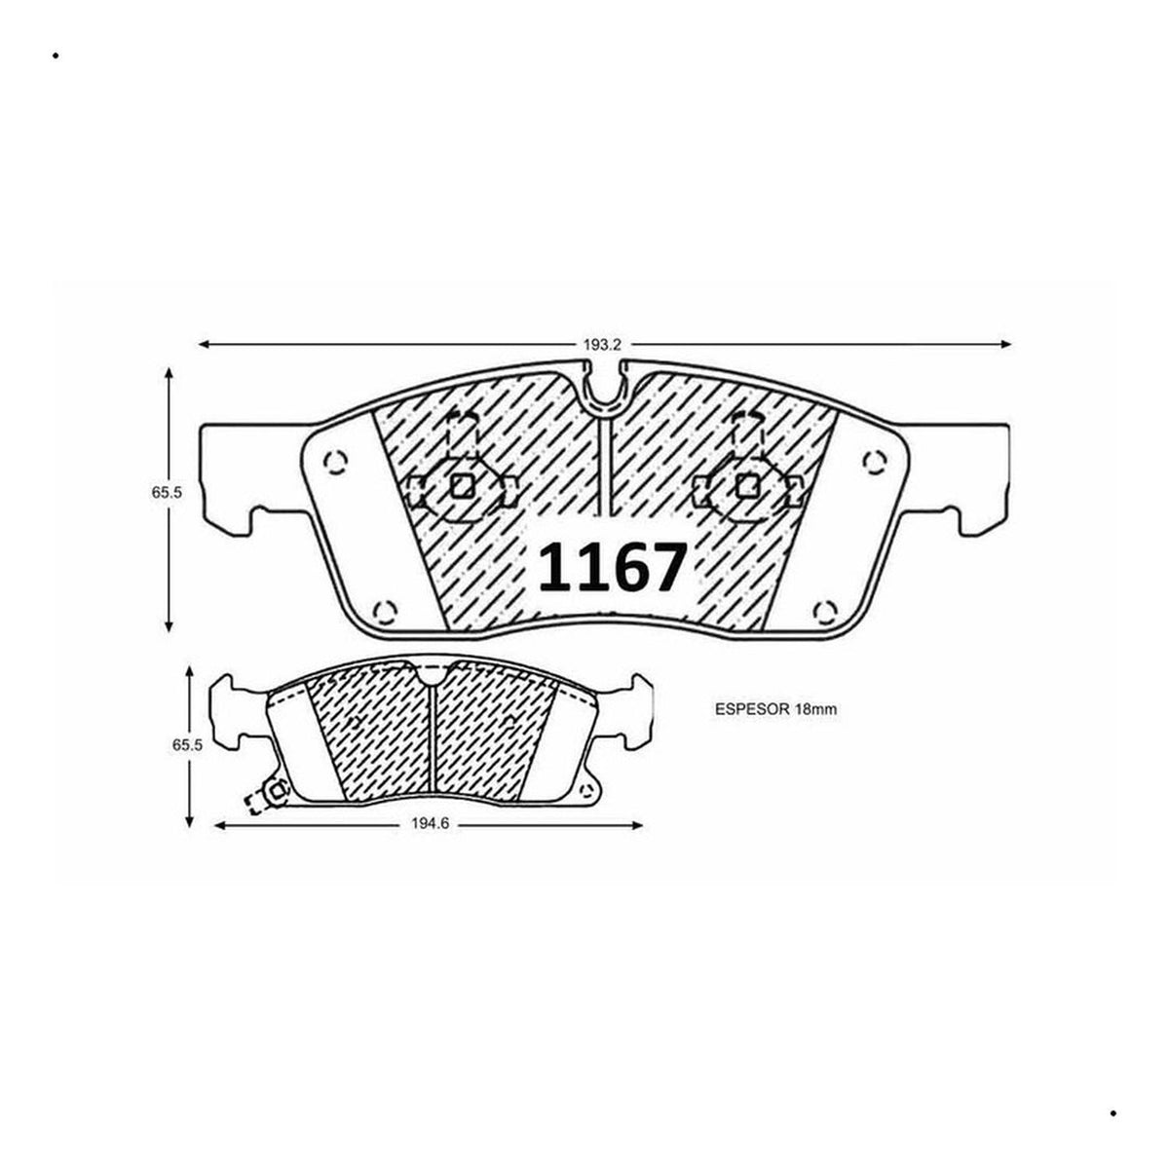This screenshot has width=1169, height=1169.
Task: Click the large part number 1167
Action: [x=613, y=567]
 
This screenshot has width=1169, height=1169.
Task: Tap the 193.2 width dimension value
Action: [x=602, y=345]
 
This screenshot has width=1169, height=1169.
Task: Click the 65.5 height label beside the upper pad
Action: [x=167, y=493]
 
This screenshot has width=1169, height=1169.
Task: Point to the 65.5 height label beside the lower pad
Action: [x=187, y=745]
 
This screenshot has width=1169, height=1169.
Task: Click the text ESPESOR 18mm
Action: [x=775, y=709]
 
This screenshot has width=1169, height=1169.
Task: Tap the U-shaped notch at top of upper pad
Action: [x=607, y=392]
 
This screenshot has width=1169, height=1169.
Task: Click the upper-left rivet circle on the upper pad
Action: [x=335, y=463]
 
